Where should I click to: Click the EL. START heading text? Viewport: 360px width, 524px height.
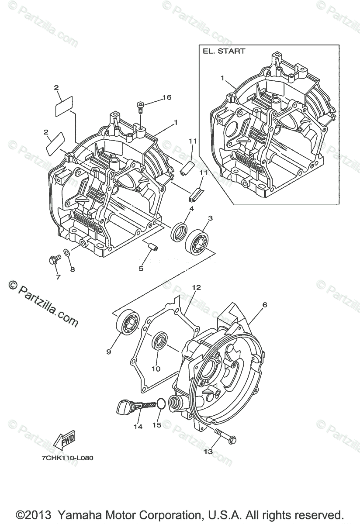[224, 51]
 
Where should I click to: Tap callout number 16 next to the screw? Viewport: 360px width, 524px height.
[167, 97]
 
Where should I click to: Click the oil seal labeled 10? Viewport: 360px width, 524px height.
[159, 340]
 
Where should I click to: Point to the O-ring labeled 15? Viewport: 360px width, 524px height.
[160, 403]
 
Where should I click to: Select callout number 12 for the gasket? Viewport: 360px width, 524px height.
[196, 288]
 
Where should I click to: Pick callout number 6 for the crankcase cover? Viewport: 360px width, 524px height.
[264, 304]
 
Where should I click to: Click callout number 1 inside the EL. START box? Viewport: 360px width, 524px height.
[222, 78]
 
